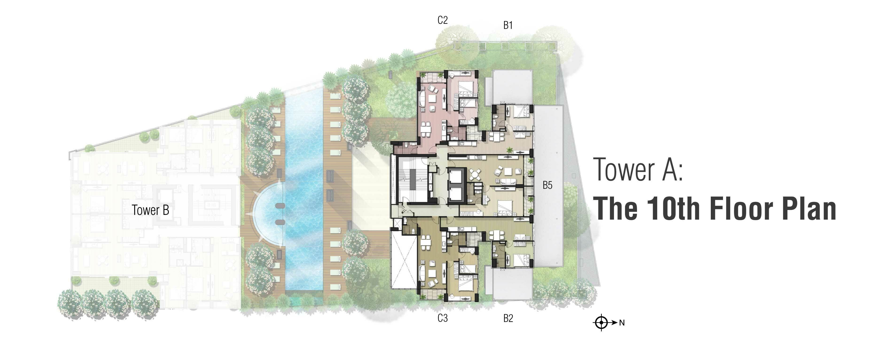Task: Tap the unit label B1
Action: (x=508, y=25)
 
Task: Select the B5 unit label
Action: (x=547, y=185)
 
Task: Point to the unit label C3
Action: (x=442, y=318)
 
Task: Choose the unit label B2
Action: (x=508, y=318)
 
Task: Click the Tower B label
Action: (x=150, y=210)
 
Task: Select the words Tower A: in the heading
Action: (x=638, y=170)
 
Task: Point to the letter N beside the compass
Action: (x=621, y=323)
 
